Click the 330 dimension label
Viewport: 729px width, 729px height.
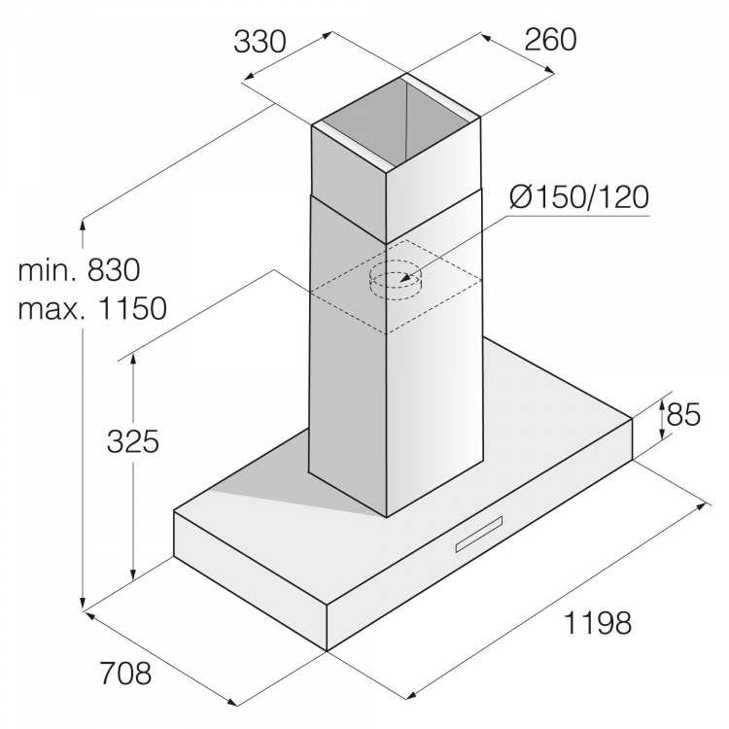tap(260, 42)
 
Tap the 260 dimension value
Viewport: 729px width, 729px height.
tap(551, 39)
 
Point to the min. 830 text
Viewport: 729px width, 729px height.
tap(80, 268)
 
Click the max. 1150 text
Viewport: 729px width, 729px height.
tap(92, 309)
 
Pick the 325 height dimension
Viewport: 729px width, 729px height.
tap(132, 441)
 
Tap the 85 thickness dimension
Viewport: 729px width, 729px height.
tap(684, 415)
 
